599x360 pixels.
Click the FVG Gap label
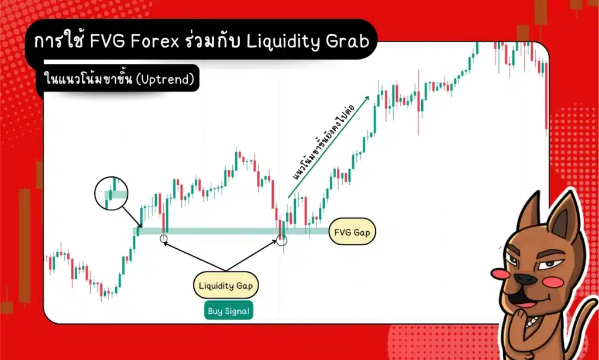point(353,232)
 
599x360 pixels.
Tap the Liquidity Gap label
point(226,286)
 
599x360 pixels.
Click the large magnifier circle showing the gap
point(111,196)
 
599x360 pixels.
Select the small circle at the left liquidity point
point(163,238)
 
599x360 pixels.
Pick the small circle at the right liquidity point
point(282,239)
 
